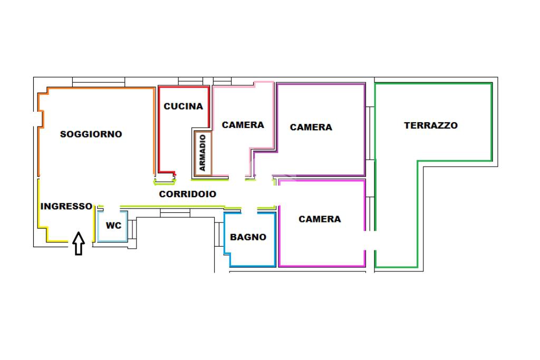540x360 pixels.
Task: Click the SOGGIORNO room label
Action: point(91,134)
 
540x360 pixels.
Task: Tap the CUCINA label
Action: point(183,106)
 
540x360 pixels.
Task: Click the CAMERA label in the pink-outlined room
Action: point(243,125)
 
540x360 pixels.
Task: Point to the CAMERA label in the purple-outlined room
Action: point(311,127)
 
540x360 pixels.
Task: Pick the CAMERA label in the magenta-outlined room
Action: point(320,219)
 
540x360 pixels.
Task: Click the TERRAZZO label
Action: point(431,125)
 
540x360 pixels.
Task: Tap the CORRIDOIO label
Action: point(188,194)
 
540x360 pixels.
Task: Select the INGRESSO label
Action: point(66,207)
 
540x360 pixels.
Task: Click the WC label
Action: point(113,226)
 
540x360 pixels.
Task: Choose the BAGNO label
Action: point(248,237)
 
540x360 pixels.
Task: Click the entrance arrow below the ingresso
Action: point(79,244)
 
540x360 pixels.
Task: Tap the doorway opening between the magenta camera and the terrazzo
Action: point(370,240)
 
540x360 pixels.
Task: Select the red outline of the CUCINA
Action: point(159,132)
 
